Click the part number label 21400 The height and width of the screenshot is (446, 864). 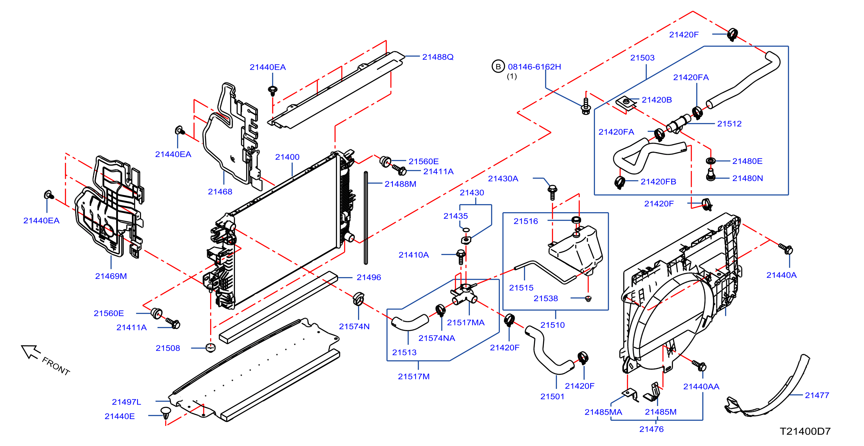(x=287, y=157)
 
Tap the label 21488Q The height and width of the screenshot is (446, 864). (x=438, y=57)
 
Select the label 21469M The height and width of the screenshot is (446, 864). (x=111, y=276)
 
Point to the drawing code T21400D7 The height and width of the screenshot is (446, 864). (x=805, y=431)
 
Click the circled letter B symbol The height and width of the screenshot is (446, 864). (x=498, y=66)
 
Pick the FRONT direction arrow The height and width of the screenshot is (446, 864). (x=31, y=352)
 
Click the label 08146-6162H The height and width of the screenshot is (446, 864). (x=534, y=67)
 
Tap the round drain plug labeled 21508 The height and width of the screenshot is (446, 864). (x=210, y=348)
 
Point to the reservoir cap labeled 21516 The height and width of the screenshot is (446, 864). (x=576, y=220)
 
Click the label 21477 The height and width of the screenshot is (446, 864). (x=817, y=396)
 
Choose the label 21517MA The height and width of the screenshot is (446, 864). (x=466, y=322)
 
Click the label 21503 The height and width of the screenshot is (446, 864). (x=642, y=58)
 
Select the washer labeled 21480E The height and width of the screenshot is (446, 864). (x=710, y=160)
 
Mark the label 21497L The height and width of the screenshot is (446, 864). (x=127, y=402)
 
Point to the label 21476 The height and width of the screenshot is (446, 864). (x=651, y=429)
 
